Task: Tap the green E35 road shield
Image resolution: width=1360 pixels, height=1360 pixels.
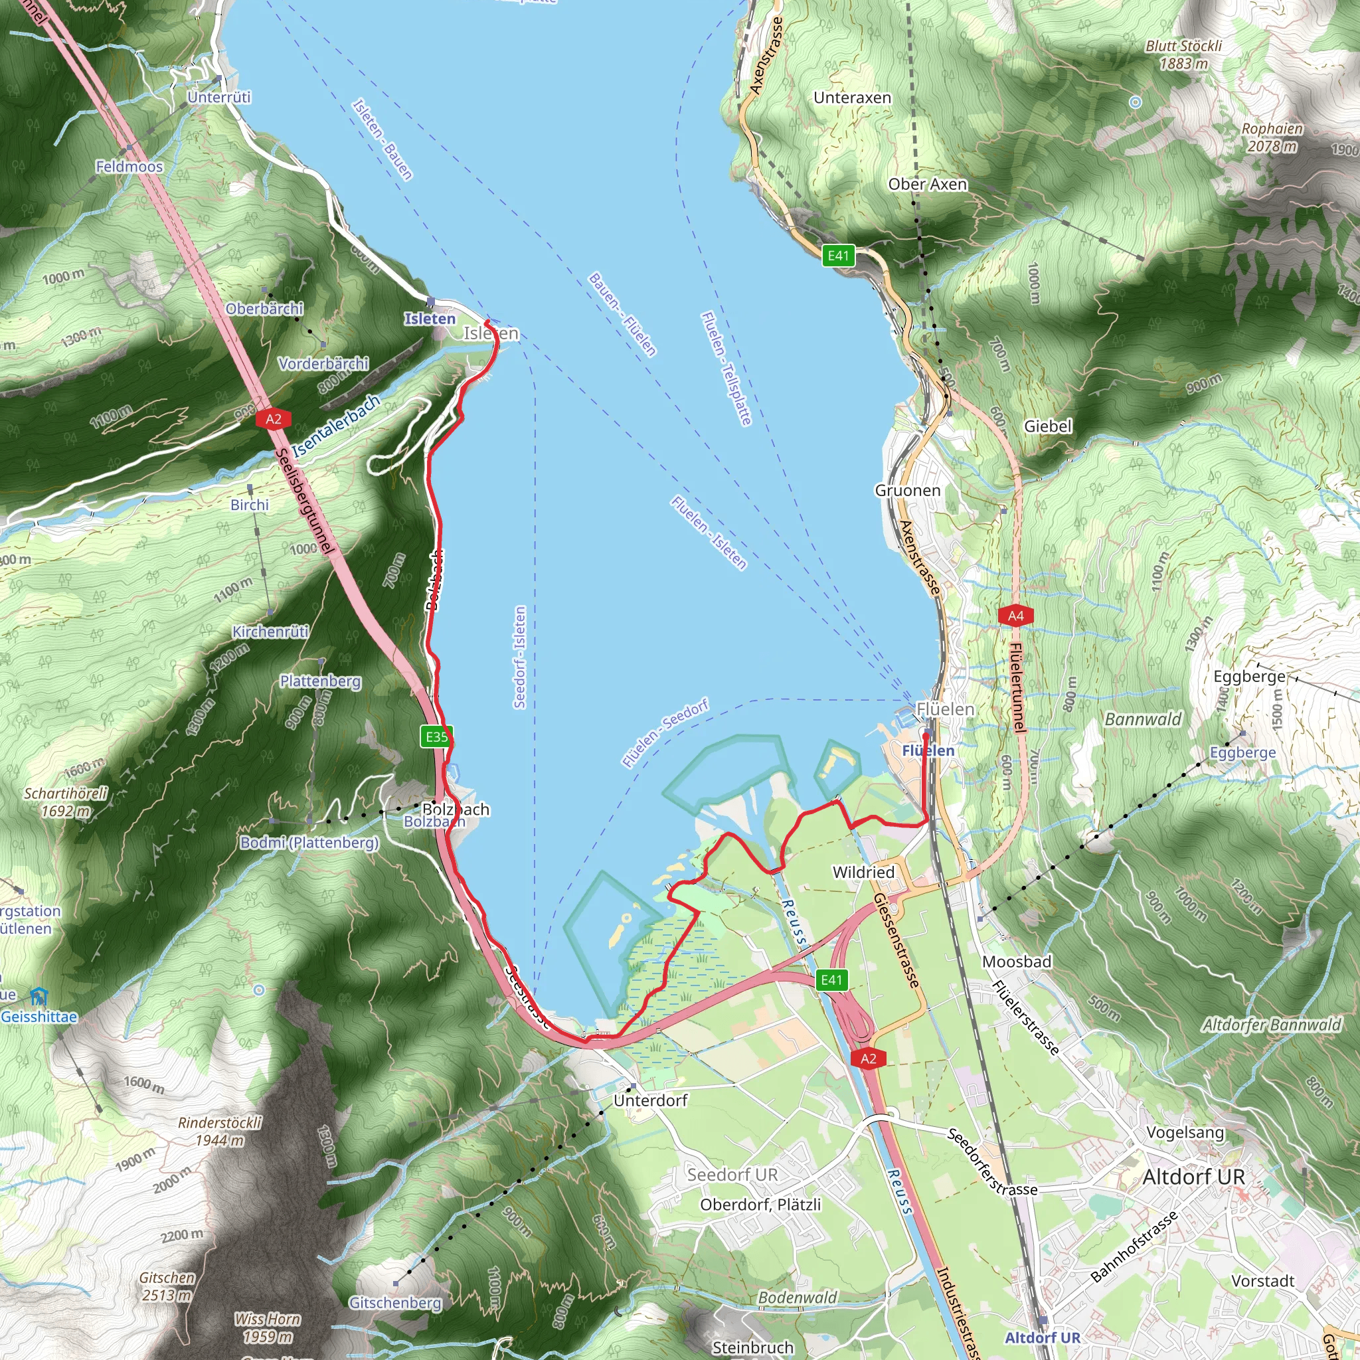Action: [436, 737]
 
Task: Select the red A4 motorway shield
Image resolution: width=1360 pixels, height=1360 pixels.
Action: [1015, 616]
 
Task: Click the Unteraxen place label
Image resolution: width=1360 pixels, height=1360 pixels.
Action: [852, 98]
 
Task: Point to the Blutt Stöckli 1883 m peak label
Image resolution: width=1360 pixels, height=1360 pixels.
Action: [1183, 55]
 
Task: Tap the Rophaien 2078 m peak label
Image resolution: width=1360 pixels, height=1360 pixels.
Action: [1271, 137]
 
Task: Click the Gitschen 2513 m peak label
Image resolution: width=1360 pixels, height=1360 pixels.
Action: [167, 1286]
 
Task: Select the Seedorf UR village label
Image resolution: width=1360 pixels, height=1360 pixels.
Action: [732, 1174]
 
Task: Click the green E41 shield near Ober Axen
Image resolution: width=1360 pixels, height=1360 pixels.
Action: [839, 256]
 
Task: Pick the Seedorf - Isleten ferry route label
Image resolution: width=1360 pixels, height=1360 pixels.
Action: [519, 657]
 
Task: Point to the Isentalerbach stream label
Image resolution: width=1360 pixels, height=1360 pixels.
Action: [336, 425]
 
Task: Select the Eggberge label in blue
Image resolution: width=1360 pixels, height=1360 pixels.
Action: [1242, 752]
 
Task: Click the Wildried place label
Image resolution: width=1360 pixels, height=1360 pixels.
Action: [863, 872]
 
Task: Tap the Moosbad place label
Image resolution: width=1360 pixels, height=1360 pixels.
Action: [1017, 962]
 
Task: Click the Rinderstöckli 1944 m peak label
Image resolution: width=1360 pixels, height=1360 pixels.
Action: [219, 1131]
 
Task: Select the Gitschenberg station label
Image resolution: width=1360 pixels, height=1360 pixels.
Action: [395, 1303]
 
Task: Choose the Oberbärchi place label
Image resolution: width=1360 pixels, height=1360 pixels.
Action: [264, 308]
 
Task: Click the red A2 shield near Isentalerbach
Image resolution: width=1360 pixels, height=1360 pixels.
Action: [273, 420]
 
